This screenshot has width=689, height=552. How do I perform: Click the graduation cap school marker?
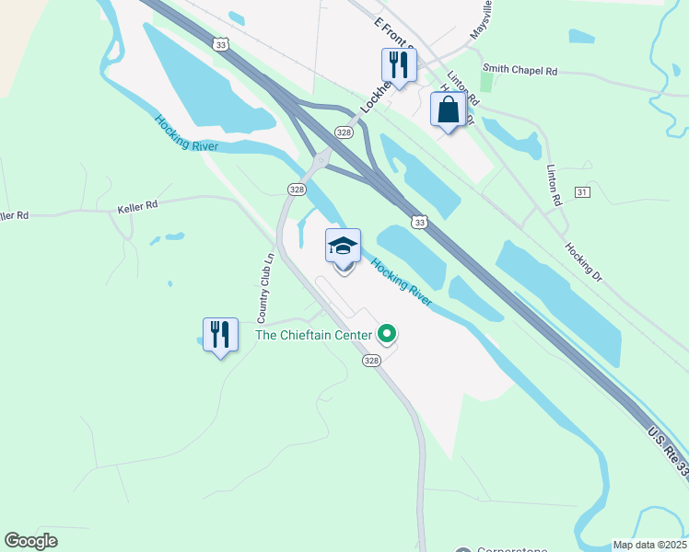[344, 247]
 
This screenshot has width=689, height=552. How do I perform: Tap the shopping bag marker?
[449, 109]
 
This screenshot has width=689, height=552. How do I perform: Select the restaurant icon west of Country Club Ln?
[221, 335]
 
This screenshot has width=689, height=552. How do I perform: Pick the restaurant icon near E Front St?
[399, 64]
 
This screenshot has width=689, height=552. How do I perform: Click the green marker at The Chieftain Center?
[387, 334]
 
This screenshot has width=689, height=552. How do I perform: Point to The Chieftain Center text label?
[313, 335]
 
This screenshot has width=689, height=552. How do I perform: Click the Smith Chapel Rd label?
[520, 69]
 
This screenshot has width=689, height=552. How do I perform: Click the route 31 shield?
[581, 191]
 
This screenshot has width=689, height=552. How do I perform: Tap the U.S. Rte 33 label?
[667, 450]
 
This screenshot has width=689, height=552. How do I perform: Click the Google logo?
[30, 541]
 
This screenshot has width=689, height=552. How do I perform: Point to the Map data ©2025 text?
[650, 545]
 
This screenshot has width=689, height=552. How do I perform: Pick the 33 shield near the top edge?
[219, 44]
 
